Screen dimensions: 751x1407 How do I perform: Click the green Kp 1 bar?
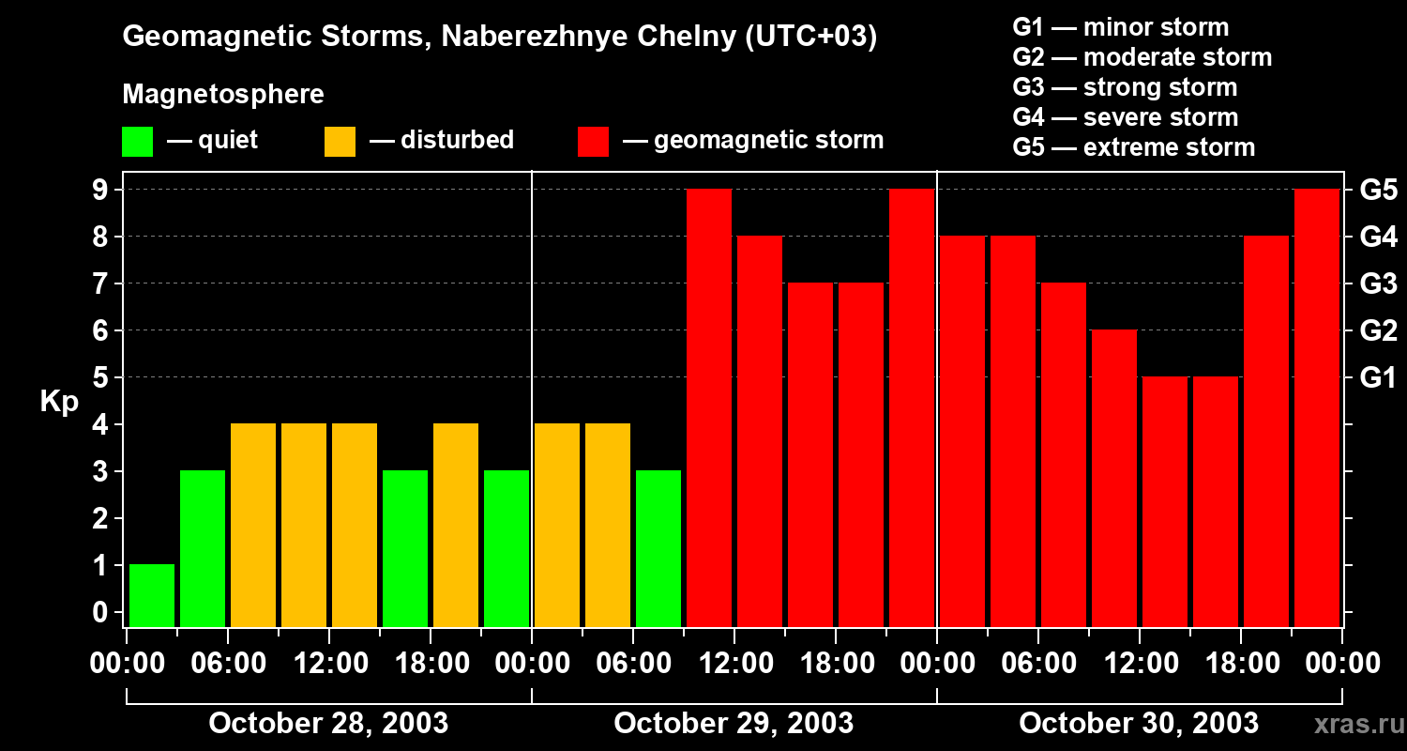[x=152, y=595]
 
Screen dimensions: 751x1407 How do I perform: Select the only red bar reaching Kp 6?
[x=1114, y=478]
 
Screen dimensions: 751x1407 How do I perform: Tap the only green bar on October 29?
[x=658, y=548]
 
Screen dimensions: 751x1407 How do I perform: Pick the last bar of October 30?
[x=1317, y=407]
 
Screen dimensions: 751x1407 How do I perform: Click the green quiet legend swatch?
[x=137, y=142]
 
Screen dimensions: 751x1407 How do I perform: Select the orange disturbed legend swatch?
[x=340, y=142]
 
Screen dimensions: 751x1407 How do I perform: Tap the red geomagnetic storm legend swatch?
[x=594, y=142]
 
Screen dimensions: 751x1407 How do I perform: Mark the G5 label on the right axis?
[x=1378, y=191]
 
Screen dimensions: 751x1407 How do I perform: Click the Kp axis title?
[x=58, y=402]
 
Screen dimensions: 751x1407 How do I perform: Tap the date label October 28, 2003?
[x=328, y=724]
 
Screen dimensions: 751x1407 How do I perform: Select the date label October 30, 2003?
[x=1139, y=724]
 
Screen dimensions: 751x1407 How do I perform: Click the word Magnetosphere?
[x=223, y=95]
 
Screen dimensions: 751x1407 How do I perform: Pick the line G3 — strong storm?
[x=1125, y=87]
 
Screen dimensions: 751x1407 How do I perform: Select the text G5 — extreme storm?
[x=1133, y=147]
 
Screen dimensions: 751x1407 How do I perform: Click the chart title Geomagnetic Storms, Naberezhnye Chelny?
[x=499, y=38]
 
